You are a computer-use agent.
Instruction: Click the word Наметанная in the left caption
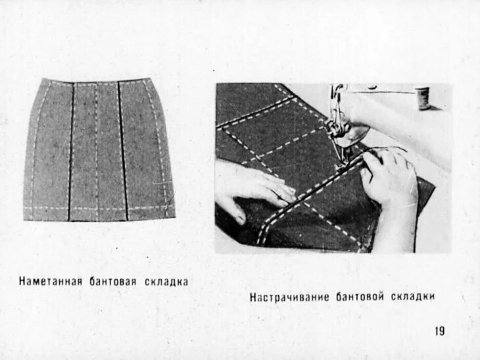click(49, 282)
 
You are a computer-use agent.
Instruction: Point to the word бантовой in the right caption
click(358, 297)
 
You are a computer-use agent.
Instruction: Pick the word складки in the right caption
click(413, 297)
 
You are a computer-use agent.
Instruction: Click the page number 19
click(439, 331)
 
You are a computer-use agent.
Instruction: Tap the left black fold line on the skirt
click(71, 151)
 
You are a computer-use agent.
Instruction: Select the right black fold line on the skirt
click(122, 151)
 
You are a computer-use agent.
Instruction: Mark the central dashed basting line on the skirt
click(97, 151)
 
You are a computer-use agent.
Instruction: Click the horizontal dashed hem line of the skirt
click(99, 209)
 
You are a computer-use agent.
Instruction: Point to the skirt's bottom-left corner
click(25, 219)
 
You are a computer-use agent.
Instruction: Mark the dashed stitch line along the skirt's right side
click(159, 151)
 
